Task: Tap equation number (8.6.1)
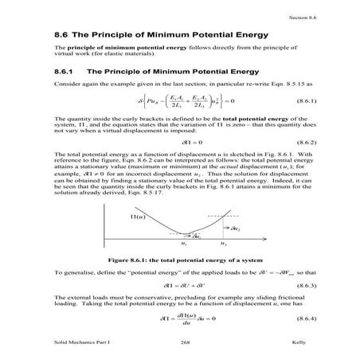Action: click(302, 101)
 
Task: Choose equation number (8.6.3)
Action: click(302, 284)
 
